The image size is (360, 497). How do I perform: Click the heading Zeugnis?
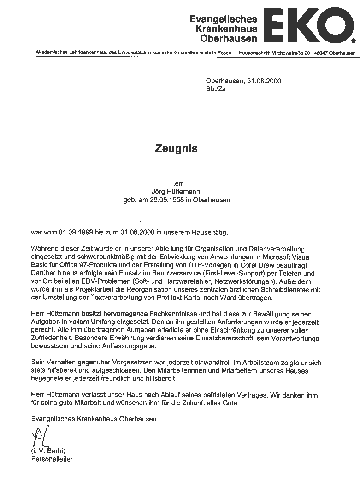(x=176, y=148)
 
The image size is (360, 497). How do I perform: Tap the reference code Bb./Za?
(x=217, y=89)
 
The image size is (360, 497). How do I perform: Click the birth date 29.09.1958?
(x=163, y=200)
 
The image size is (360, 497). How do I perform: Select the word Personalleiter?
(x=52, y=459)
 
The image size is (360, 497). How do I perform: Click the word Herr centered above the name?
(x=177, y=183)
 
